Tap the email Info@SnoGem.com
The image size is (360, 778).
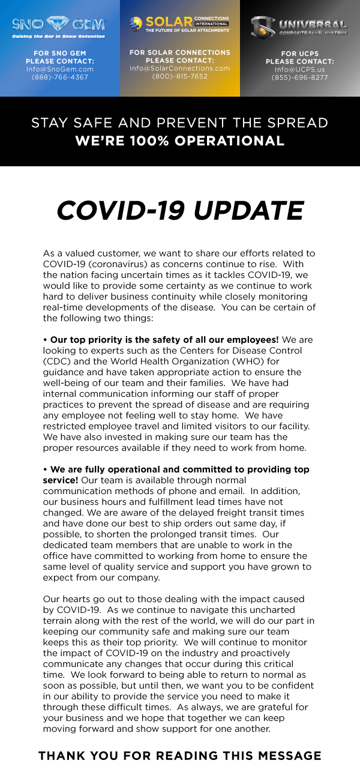(x=59, y=69)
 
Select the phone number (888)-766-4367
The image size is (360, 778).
(x=59, y=77)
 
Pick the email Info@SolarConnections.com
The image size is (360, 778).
(x=179, y=68)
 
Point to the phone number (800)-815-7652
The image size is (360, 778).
(x=179, y=76)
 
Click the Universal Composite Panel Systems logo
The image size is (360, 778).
(x=299, y=26)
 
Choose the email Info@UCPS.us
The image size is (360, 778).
(x=299, y=70)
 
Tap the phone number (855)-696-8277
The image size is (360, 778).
(x=299, y=77)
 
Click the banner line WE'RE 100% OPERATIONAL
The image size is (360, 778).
(x=179, y=142)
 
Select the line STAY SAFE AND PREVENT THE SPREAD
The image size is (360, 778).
(x=179, y=123)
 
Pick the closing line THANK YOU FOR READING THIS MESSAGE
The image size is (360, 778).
(x=179, y=756)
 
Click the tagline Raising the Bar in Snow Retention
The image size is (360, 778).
(x=59, y=36)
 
